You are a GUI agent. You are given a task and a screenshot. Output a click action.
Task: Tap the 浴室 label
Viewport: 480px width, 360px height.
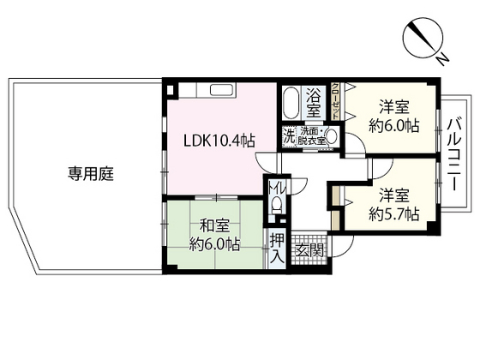tap(314, 102)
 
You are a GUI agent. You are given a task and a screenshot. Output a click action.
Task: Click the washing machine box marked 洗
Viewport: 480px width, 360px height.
tap(289, 135)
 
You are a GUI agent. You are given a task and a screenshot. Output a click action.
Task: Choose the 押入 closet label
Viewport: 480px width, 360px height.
tap(277, 248)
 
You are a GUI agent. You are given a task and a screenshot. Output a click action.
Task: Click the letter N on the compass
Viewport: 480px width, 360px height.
tap(441, 58)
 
